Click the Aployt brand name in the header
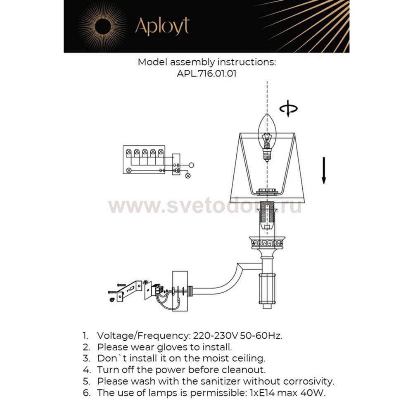click(x=162, y=26)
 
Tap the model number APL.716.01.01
click(x=206, y=74)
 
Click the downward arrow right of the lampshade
click(x=324, y=170)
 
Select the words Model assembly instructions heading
click(x=206, y=63)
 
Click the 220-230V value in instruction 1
click(x=214, y=336)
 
